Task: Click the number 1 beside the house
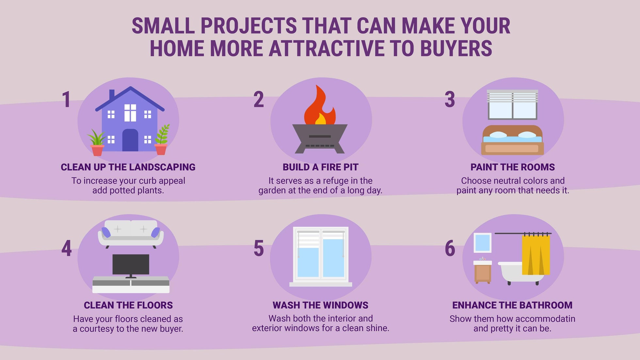click(x=66, y=100)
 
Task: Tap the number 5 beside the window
click(x=259, y=248)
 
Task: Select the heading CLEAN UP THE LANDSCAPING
click(x=128, y=167)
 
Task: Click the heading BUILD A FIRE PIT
click(x=320, y=167)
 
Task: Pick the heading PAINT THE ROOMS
click(x=512, y=167)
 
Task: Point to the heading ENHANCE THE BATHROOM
click(x=512, y=305)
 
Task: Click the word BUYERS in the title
click(x=456, y=48)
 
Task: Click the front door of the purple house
click(x=130, y=140)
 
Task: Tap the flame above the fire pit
click(x=319, y=106)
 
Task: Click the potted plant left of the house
click(x=97, y=144)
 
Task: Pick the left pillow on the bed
click(x=498, y=135)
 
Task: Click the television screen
click(x=131, y=264)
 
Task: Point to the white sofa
click(x=131, y=232)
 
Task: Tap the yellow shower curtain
click(x=536, y=255)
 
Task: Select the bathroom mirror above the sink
click(x=482, y=243)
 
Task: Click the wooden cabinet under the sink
click(x=483, y=274)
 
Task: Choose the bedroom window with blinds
click(x=512, y=104)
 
